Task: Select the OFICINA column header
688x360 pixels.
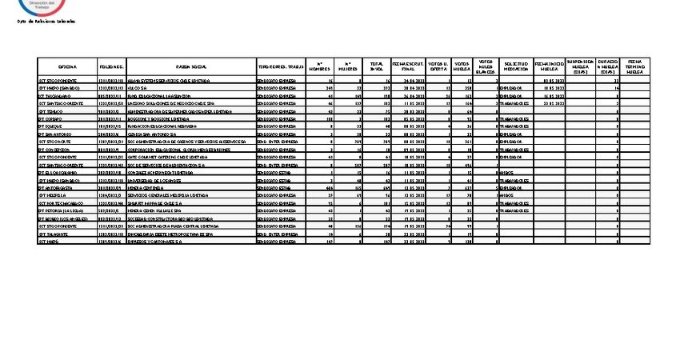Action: (67, 67)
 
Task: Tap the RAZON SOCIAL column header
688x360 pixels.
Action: (191, 67)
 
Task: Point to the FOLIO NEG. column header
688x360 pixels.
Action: (111, 67)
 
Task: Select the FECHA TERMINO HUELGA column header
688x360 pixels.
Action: (636, 67)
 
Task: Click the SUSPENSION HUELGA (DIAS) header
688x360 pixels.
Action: (580, 67)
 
